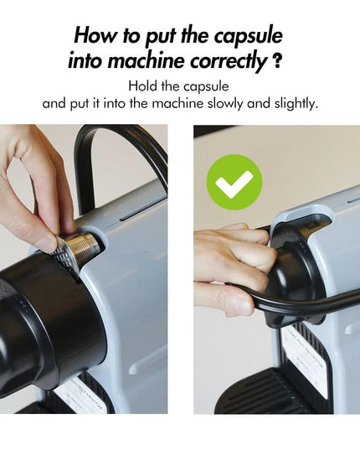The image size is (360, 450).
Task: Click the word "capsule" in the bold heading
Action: point(249,37)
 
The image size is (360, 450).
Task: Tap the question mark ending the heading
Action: point(275,61)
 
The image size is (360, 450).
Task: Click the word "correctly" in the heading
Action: point(229,62)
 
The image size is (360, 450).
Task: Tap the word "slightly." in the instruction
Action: point(296,103)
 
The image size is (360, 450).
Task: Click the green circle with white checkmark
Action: point(234,182)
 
